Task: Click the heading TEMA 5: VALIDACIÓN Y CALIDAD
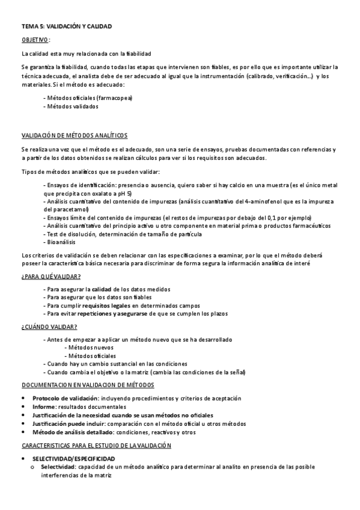pyautogui.click(x=66, y=27)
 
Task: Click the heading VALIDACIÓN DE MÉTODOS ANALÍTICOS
pyautogui.click(x=74, y=135)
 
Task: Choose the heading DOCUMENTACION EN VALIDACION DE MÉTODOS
pyautogui.click(x=88, y=385)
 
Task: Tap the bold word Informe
pyautogui.click(x=44, y=407)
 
